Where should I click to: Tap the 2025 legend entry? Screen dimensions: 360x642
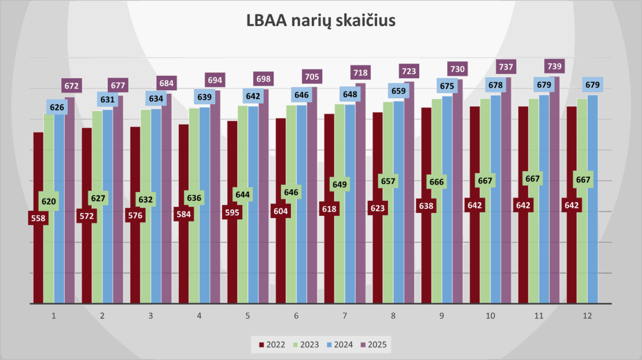click(x=372, y=345)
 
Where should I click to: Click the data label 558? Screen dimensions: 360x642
click(x=38, y=218)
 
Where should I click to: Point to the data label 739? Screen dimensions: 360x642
click(x=555, y=66)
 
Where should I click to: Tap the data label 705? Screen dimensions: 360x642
click(x=312, y=76)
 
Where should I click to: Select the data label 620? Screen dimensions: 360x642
click(x=49, y=202)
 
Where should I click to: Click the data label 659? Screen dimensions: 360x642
click(x=399, y=90)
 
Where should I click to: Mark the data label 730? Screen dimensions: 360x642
click(x=457, y=69)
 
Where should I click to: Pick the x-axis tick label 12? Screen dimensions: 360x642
click(x=588, y=316)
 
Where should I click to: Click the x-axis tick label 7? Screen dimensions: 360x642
click(x=345, y=316)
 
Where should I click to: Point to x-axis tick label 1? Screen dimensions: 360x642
click(x=54, y=316)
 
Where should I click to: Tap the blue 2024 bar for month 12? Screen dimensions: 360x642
click(x=593, y=203)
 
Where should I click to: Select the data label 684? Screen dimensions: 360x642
click(x=166, y=83)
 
